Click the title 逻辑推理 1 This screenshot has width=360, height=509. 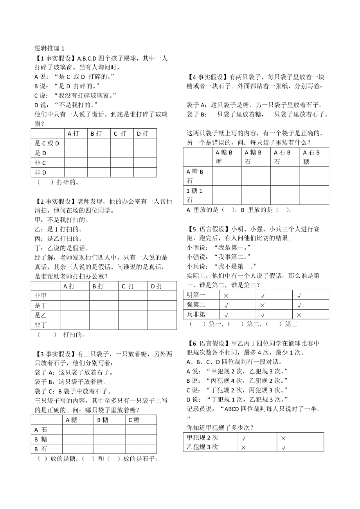pyautogui.click(x=49, y=48)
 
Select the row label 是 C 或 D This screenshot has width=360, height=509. pyautogui.click(x=47, y=143)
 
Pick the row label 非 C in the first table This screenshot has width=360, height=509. pyautogui.click(x=41, y=163)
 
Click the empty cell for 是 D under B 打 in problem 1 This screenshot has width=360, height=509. pyautogui.click(x=99, y=153)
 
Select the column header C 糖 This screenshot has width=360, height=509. pyautogui.click(x=134, y=420)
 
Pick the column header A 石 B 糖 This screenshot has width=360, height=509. pyautogui.click(x=314, y=157)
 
